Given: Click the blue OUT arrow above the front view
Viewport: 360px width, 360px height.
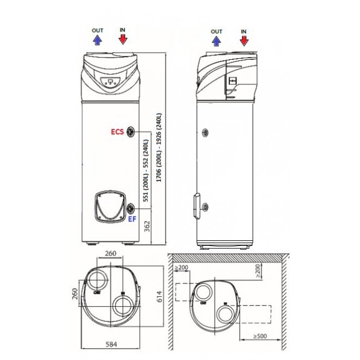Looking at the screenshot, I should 97,39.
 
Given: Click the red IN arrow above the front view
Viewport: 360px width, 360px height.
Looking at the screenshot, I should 123,39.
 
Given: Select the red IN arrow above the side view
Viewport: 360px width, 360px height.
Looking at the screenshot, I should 244,40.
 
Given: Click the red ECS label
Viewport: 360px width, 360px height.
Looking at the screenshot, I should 117,132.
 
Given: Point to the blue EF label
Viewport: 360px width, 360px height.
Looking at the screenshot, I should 132,219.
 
